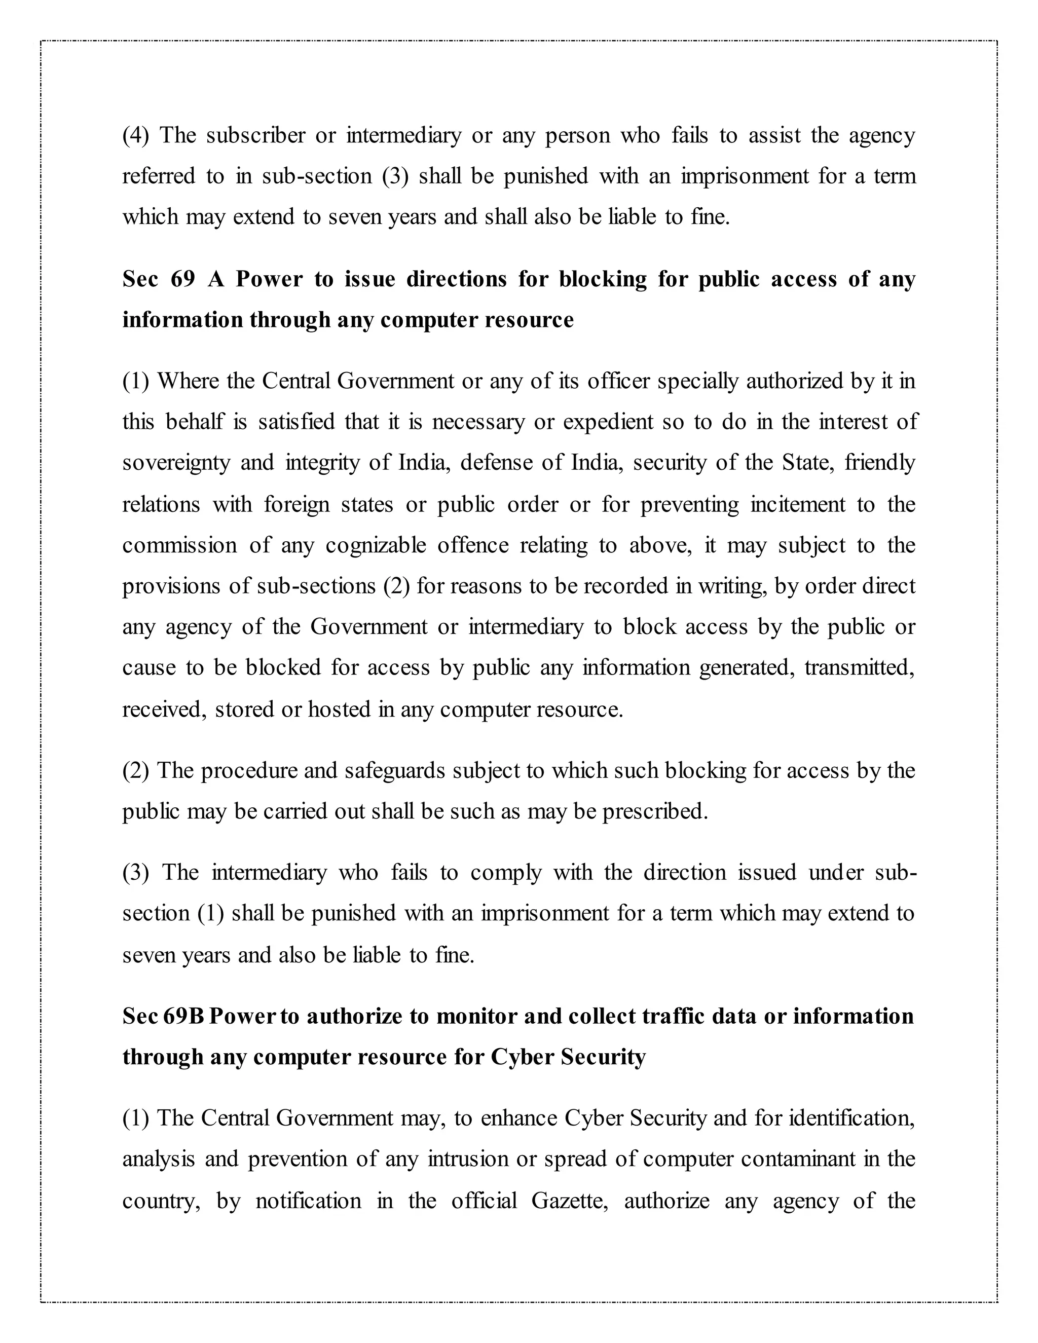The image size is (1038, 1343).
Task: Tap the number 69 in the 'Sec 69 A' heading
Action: pos(182,279)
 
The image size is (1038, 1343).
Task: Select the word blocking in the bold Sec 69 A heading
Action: pos(602,279)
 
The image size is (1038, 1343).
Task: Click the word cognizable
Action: pos(375,545)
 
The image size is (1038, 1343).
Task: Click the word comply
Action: pos(505,873)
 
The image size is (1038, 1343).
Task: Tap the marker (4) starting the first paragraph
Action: pos(135,135)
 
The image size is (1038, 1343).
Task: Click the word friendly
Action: pos(880,462)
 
